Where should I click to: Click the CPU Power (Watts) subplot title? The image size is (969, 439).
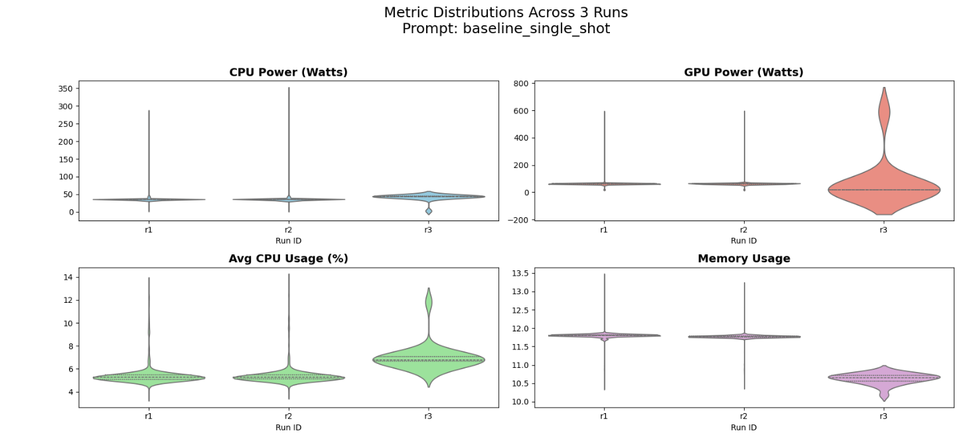288,72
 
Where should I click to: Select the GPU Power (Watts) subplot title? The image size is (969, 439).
743,72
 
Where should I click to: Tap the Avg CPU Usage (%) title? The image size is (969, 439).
288,259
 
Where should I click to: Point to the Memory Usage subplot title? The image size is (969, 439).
743,259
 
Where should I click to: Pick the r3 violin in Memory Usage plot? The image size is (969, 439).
883,377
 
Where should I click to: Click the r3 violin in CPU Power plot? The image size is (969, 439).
428,196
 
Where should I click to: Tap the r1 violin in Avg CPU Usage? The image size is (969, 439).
149,377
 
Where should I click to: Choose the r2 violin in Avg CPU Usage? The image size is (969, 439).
288,377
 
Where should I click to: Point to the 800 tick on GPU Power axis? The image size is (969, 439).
520,84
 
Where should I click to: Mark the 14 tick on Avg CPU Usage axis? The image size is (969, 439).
68,277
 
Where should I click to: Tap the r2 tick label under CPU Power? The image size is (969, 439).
288,230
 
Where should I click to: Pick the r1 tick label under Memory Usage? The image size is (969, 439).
604,416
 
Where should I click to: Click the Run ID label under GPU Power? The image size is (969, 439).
743,240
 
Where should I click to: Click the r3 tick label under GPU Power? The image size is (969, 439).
883,230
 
